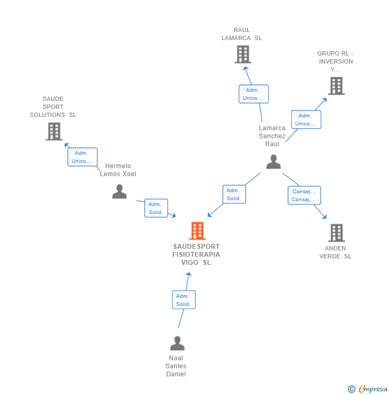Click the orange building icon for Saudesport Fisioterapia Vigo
point(197,231)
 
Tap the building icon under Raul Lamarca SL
point(243,54)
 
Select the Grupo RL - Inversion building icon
point(336,86)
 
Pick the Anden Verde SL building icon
point(336,233)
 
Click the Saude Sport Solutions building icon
point(54,131)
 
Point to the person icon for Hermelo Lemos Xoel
point(119,191)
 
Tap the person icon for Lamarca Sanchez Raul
point(273,162)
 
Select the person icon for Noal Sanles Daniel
point(177,343)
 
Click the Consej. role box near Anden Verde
point(304,195)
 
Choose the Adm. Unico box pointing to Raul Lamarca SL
point(253,94)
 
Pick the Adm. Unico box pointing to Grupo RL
point(306,120)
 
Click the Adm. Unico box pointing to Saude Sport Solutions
point(82,157)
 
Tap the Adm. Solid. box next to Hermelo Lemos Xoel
point(156,208)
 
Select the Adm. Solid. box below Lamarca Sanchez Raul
point(234,194)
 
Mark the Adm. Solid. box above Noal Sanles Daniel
point(183,300)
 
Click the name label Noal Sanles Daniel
point(176,366)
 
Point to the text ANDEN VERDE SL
point(336,252)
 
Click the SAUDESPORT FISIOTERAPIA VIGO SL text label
point(196,255)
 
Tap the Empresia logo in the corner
point(368,389)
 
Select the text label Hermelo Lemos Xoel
point(118,170)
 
